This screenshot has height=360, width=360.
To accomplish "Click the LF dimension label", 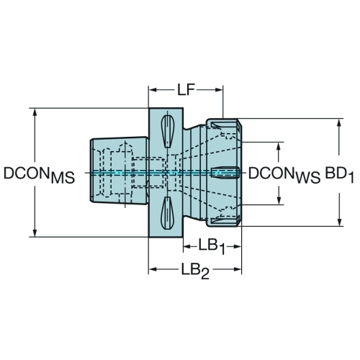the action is (186, 89).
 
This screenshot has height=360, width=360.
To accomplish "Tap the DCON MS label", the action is (39, 175).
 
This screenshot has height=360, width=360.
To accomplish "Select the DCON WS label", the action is (284, 175).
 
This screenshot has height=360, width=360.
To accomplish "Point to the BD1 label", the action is (339, 175).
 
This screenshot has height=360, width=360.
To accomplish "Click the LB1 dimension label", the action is (212, 247).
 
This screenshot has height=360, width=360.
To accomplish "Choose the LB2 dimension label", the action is (195, 270).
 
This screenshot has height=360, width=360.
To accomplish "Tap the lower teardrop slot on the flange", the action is (167, 212).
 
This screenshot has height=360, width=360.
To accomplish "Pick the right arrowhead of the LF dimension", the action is (219, 90).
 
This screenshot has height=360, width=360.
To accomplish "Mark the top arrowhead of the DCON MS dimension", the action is (35, 112).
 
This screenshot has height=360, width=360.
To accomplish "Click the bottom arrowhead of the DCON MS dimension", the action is (35, 233).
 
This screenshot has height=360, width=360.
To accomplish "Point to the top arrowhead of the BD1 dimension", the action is (339, 122).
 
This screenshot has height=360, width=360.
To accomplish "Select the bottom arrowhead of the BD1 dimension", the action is (339, 222).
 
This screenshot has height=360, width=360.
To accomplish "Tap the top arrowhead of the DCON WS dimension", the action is (279, 146).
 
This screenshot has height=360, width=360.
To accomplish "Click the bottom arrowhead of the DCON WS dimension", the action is (279, 201).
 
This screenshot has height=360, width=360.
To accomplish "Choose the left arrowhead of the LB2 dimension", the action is (153, 269).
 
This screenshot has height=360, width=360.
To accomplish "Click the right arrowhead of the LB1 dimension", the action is (237, 246).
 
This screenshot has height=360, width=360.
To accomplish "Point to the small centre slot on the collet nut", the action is (225, 173).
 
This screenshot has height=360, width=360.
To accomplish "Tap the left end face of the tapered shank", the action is (91, 171).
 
